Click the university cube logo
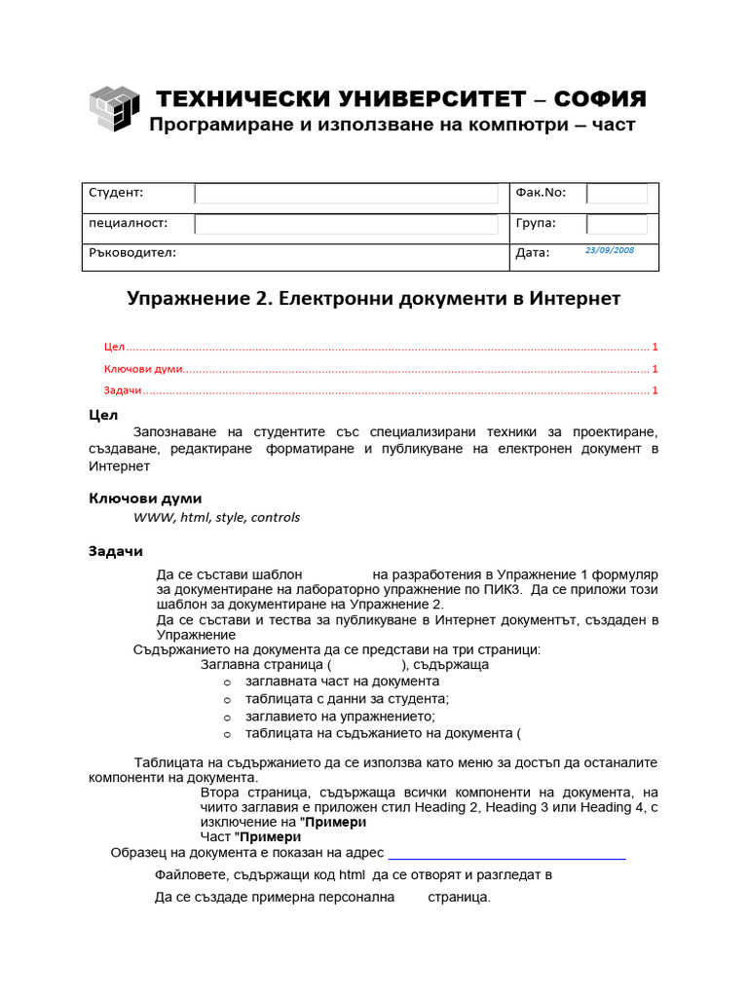[x=114, y=108]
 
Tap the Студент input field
[x=346, y=194]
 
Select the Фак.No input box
[x=617, y=194]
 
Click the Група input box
[x=617, y=225]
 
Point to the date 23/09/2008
[x=610, y=250]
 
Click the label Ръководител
[x=131, y=252]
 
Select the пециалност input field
[x=346, y=225]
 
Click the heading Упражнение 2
[x=199, y=298]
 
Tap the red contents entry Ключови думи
[x=143, y=369]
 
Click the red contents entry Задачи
[x=123, y=390]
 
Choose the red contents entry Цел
[x=114, y=347]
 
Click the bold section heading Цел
[x=103, y=415]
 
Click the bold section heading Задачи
[x=116, y=551]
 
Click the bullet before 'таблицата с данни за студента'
[x=226, y=700]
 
